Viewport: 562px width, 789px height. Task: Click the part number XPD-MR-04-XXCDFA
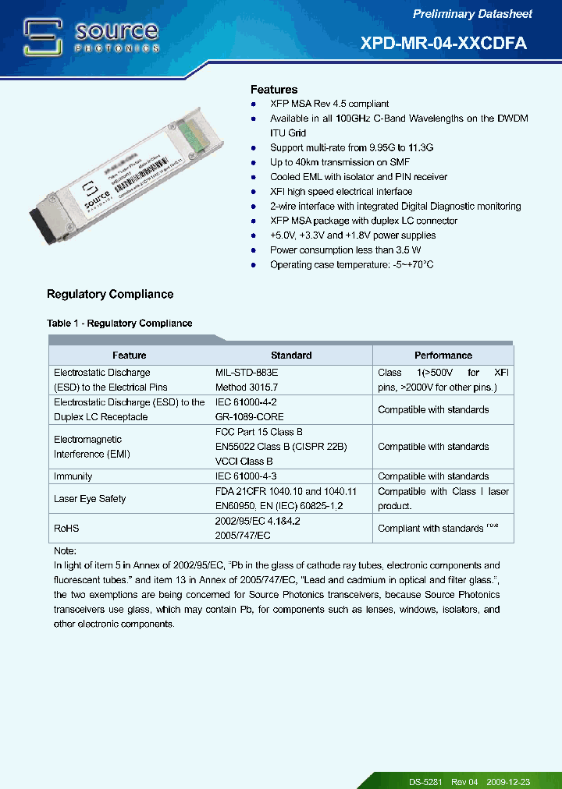pos(443,44)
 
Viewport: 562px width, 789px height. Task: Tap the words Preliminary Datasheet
pos(472,14)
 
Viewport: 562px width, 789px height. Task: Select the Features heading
pos(273,90)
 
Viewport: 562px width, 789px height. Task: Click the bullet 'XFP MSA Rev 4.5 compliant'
pos(329,104)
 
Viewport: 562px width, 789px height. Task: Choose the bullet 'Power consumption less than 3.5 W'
pos(345,250)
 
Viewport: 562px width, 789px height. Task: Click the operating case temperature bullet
pos(351,265)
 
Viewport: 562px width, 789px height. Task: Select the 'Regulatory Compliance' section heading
pos(110,294)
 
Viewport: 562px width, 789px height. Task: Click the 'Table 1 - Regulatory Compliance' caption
pos(119,323)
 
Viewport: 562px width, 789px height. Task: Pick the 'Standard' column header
pos(291,355)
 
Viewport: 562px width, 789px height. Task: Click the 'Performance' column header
pos(443,355)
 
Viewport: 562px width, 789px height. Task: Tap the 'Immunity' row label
pos(73,476)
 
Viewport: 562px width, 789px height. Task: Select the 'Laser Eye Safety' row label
pos(89,499)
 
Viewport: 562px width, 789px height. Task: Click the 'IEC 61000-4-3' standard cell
pos(246,476)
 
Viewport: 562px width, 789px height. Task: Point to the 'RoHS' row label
pos(66,529)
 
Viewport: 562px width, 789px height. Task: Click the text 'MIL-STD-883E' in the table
pos(246,373)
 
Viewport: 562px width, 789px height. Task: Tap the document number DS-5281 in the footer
pos(425,781)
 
